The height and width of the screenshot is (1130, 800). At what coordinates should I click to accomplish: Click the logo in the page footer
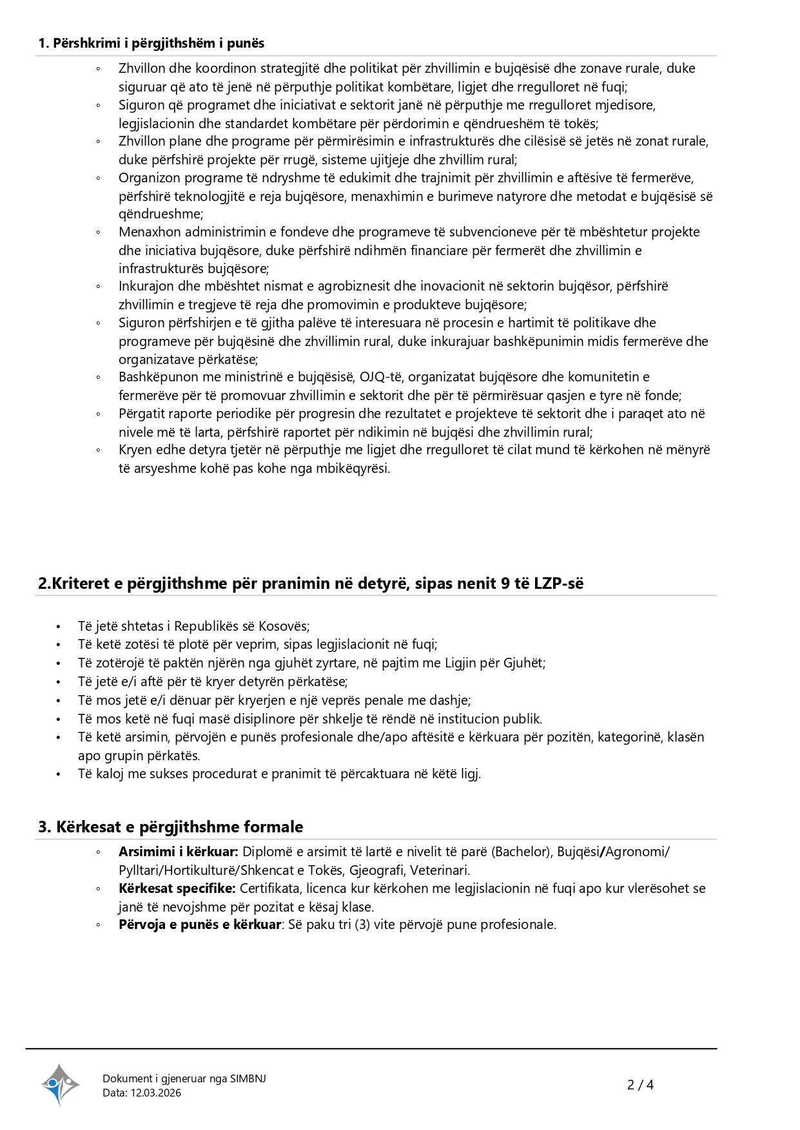tap(60, 1084)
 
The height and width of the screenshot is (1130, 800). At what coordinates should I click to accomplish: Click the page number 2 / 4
tap(640, 1085)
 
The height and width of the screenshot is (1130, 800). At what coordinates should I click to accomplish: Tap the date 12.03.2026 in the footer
tap(155, 1093)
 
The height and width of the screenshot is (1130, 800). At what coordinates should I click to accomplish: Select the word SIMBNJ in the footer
tap(248, 1078)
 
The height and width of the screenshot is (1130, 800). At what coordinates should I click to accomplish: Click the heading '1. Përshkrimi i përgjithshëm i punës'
tap(151, 43)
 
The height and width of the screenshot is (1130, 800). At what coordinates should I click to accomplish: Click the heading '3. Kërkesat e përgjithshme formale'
tap(170, 827)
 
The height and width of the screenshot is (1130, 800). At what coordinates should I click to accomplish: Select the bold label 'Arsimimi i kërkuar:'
tap(179, 852)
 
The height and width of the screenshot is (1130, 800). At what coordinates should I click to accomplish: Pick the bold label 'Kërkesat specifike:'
tap(177, 888)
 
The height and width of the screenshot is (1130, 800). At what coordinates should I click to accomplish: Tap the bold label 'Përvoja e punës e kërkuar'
tap(200, 924)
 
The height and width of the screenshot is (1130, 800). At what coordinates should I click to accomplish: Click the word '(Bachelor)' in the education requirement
tap(521, 852)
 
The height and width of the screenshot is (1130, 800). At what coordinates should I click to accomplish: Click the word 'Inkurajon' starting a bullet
tap(146, 286)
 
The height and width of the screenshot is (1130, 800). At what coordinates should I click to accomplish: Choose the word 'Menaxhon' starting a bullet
tap(147, 232)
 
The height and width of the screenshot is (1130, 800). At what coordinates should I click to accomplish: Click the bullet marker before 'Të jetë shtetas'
tap(59, 627)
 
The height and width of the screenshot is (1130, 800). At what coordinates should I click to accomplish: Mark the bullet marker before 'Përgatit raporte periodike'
tap(98, 414)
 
